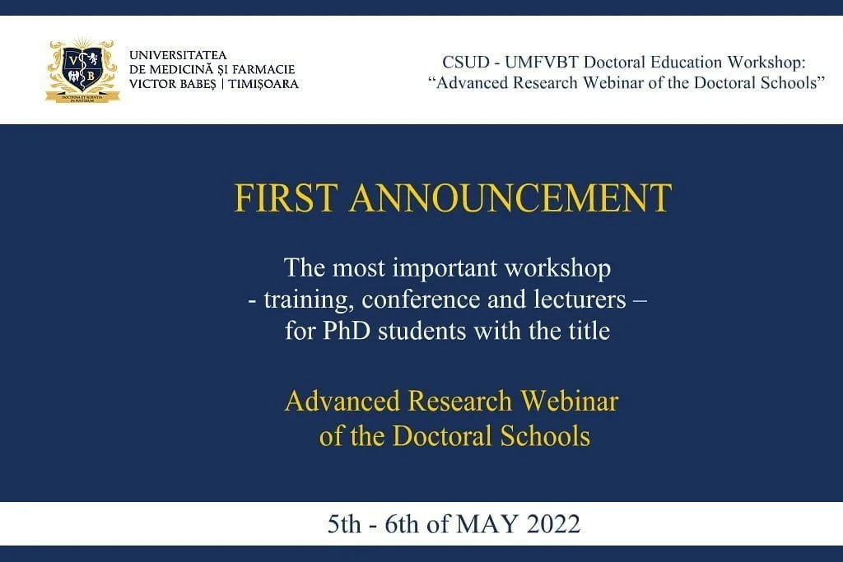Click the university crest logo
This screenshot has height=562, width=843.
coord(82,70)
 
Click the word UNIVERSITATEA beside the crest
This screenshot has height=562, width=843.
coord(178,55)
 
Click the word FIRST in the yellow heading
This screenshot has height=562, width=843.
coord(286,197)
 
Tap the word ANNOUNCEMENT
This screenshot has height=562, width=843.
coord(510,197)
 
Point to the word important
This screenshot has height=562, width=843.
coord(445,268)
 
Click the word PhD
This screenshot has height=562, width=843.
coord(347,331)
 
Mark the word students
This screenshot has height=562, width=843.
coord(422,331)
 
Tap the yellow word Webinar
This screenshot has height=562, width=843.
coord(570,401)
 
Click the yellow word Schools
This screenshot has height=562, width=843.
coord(545,436)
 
